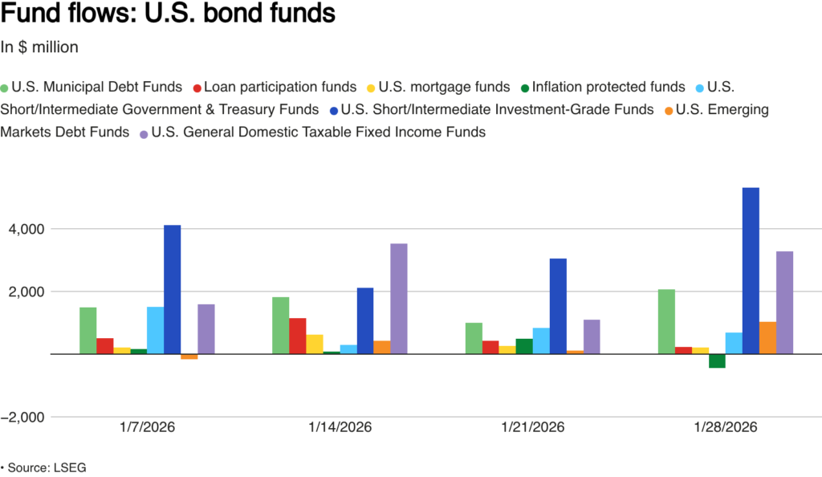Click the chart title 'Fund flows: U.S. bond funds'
[168, 15]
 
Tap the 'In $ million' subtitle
[39, 47]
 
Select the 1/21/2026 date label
[532, 427]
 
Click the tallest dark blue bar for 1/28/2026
[751, 271]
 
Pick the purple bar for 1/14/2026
[399, 299]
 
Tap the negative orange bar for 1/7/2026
[189, 357]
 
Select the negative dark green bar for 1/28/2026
[717, 361]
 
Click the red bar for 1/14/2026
[298, 336]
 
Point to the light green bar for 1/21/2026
[474, 338]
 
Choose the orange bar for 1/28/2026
[767, 337]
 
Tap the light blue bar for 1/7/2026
[155, 330]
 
